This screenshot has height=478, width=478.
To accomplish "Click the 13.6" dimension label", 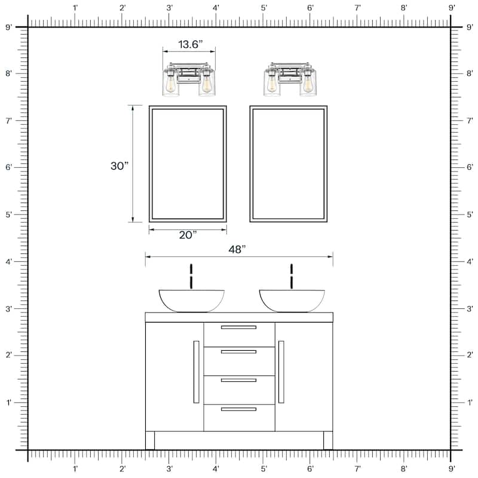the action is pyautogui.click(x=190, y=44).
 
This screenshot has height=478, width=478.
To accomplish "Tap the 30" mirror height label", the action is pyautogui.click(x=119, y=166).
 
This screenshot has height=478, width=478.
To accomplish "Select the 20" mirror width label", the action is pyautogui.click(x=188, y=235).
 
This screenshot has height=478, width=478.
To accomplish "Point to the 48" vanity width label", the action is pyautogui.click(x=237, y=249).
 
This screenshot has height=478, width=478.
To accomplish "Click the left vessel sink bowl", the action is pyautogui.click(x=192, y=301).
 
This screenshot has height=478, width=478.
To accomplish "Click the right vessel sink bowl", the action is pyautogui.click(x=292, y=301).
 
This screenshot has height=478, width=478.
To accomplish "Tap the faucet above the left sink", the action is pyautogui.click(x=191, y=276).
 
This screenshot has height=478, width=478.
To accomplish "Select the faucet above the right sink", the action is pyautogui.click(x=292, y=276).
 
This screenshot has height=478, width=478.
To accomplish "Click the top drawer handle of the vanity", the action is pyautogui.click(x=238, y=327).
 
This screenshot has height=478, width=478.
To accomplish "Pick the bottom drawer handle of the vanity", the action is pyautogui.click(x=238, y=409).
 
